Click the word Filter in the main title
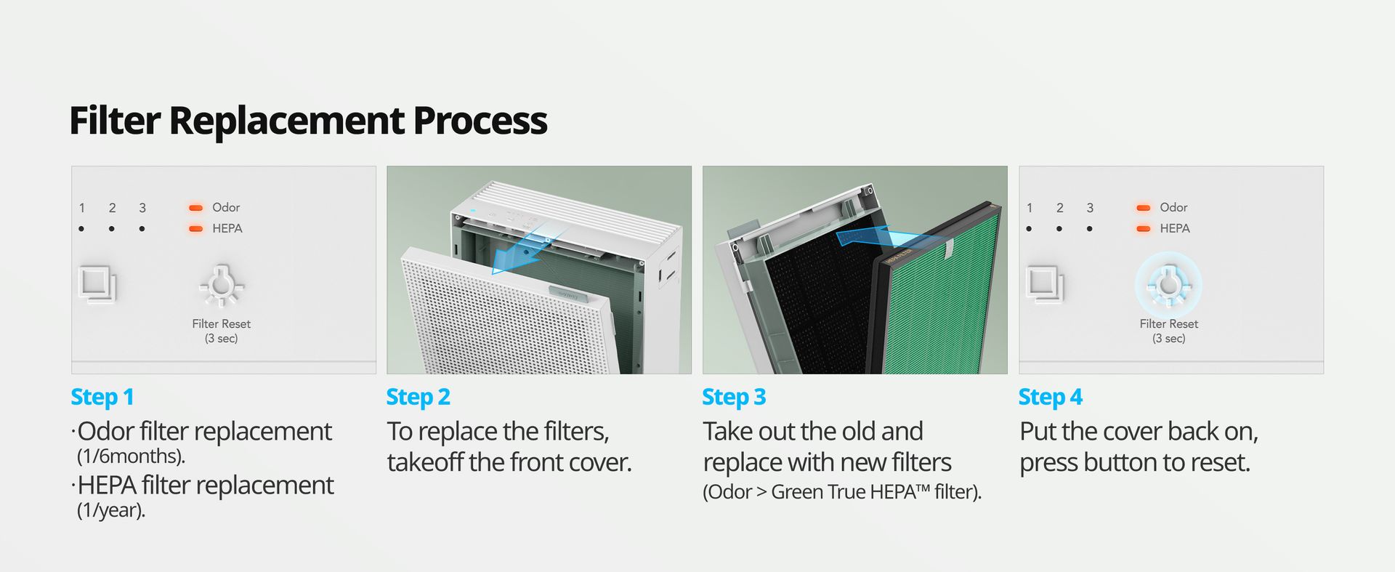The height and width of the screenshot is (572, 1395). point(115,120)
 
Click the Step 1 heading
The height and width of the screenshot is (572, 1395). point(102,397)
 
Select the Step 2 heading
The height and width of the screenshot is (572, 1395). point(418,397)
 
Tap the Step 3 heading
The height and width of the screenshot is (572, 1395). point(734,397)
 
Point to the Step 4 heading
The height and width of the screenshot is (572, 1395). point(1051,397)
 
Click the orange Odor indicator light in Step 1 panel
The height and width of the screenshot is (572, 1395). point(195,208)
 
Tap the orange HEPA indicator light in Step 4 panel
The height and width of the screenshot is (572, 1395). point(1143,229)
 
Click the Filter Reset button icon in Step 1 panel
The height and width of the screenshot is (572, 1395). point(222,286)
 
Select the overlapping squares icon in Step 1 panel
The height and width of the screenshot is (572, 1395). point(97,284)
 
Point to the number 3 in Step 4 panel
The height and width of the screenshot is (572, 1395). point(1090,208)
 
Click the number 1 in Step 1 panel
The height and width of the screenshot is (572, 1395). point(82,208)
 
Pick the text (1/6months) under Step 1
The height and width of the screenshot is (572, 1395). point(131,456)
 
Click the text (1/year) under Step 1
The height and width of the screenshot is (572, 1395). point(111,510)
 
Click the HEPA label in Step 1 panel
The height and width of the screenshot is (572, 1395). point(227,228)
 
